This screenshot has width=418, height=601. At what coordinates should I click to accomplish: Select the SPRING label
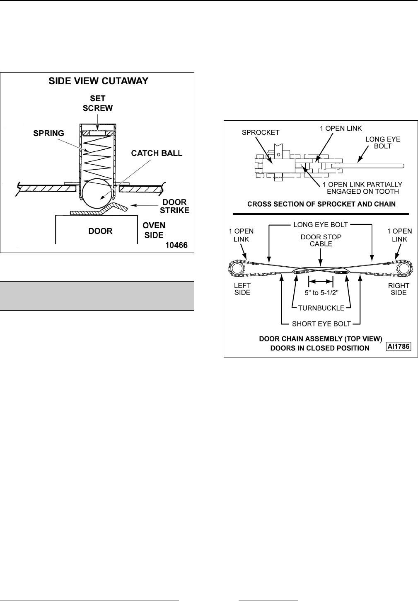click(49, 134)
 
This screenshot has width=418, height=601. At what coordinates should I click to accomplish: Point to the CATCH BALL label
click(157, 153)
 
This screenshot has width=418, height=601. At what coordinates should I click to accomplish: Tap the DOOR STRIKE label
click(175, 206)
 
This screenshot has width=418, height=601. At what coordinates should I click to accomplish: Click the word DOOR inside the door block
click(101, 231)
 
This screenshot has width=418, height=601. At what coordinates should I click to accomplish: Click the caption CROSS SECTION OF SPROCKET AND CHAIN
click(321, 204)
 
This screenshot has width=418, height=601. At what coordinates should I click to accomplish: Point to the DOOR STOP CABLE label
click(321, 240)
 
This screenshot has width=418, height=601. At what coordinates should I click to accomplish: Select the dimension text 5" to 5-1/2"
click(321, 292)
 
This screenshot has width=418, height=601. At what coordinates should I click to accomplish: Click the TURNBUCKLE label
click(321, 308)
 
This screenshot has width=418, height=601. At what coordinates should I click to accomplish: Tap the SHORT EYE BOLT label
click(321, 324)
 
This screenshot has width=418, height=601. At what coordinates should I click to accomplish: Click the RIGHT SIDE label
click(399, 289)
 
